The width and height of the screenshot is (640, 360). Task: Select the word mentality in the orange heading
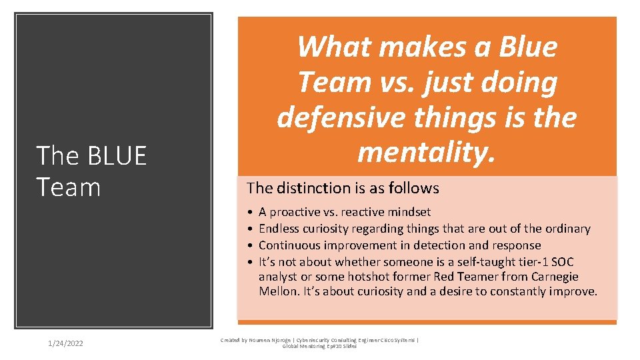pos(427,152)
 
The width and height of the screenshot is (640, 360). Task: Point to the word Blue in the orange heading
pos(525,47)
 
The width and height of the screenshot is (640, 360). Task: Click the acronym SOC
pos(562,261)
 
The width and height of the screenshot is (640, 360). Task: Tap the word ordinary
pos(566,229)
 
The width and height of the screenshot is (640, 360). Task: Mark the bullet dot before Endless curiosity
pos(249,229)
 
